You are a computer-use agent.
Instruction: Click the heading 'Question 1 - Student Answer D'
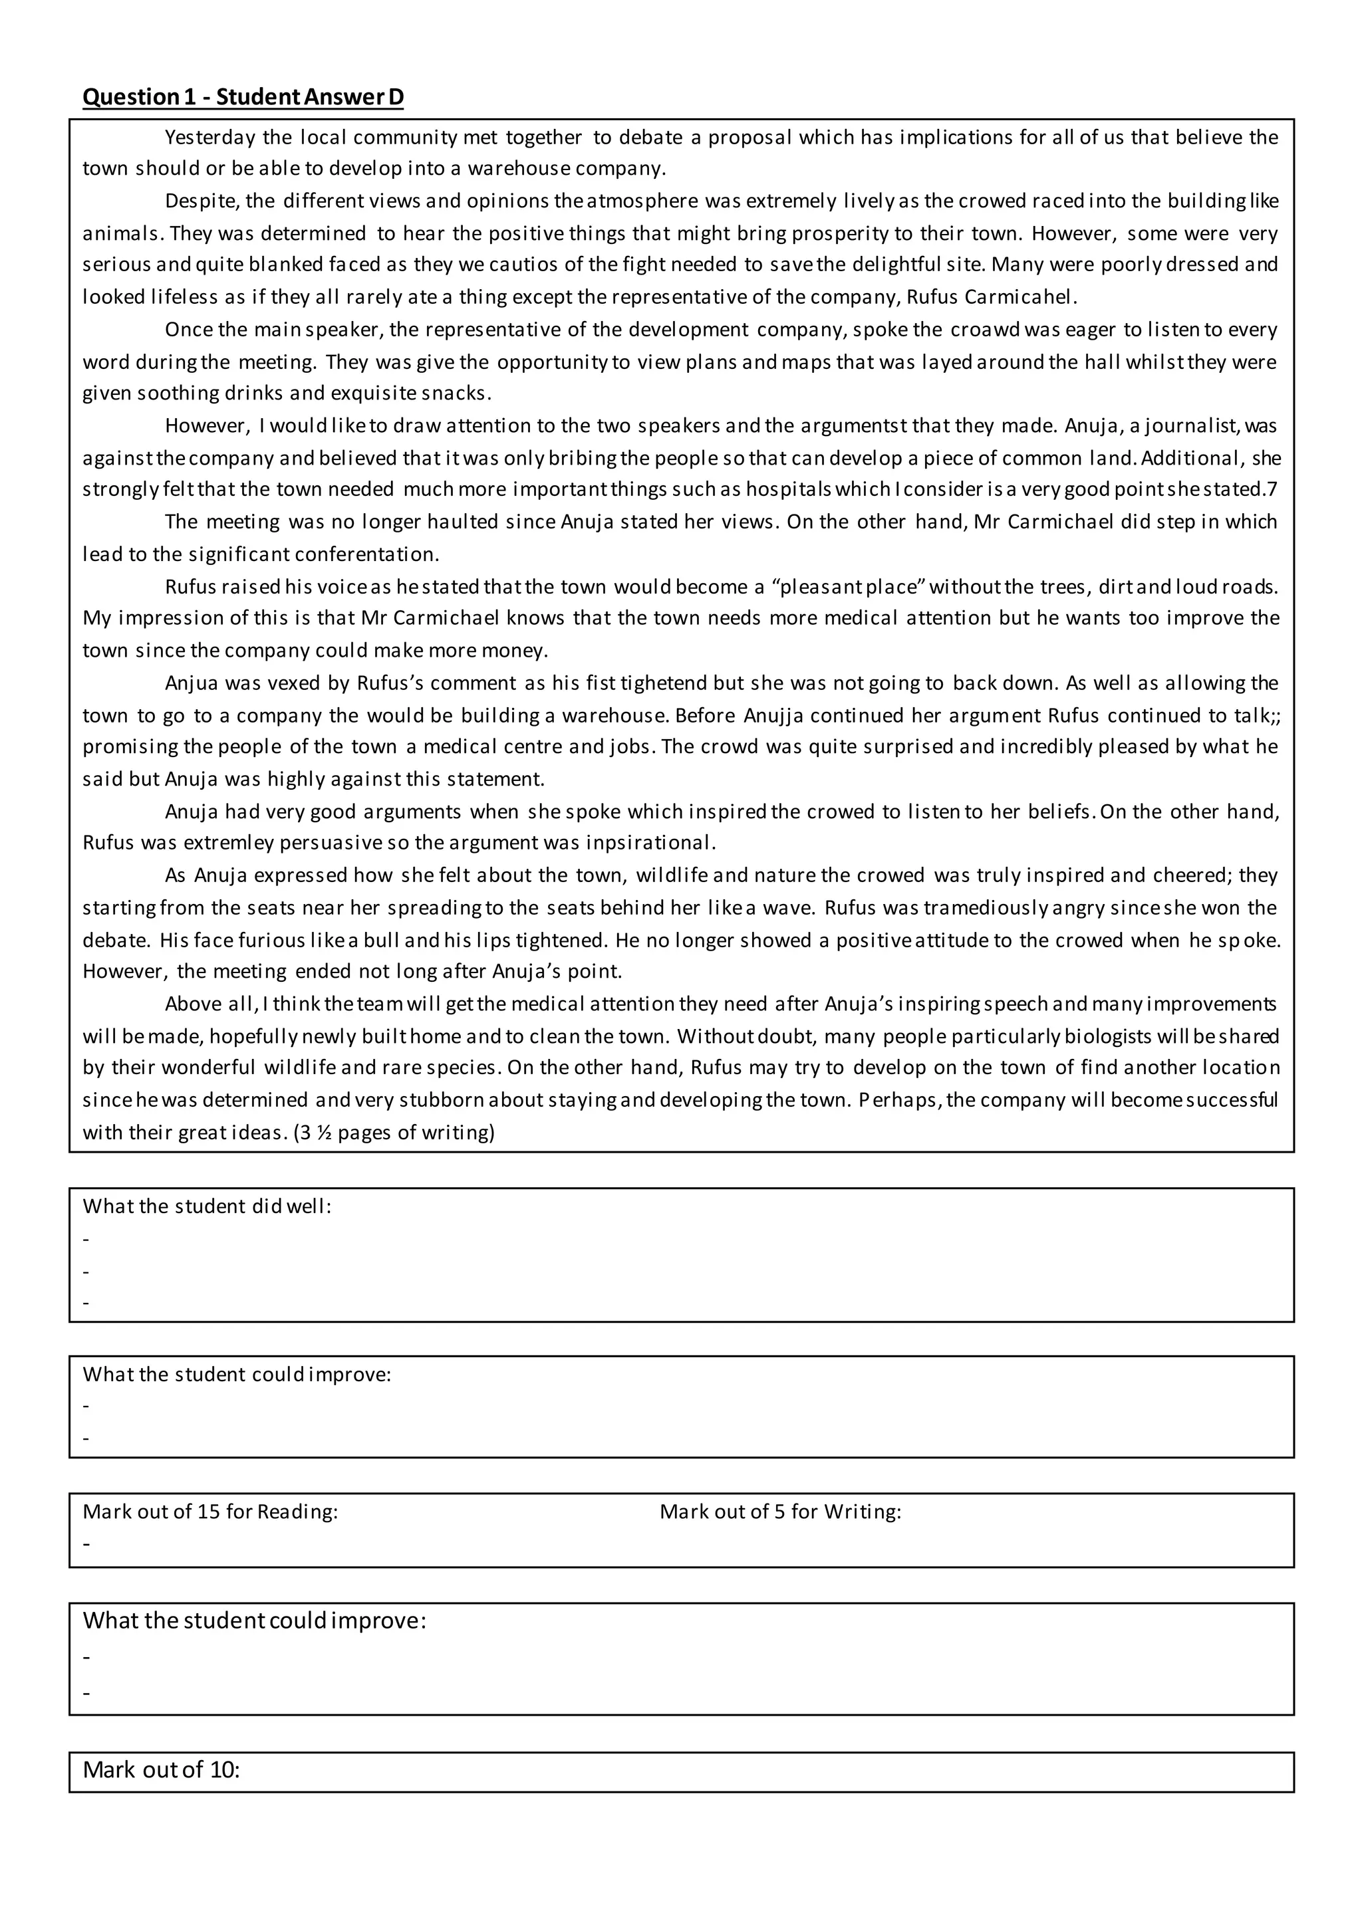242,97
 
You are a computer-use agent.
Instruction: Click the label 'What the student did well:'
207,1206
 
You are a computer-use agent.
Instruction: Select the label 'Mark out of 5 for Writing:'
780,1511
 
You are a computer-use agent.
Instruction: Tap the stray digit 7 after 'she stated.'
1272,490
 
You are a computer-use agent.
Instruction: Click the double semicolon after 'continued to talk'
1273,715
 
